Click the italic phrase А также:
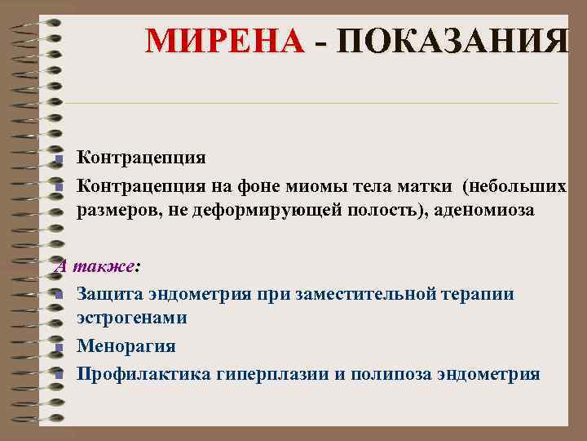point(97,266)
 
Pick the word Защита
point(108,294)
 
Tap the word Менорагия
point(126,345)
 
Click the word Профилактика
point(144,373)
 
